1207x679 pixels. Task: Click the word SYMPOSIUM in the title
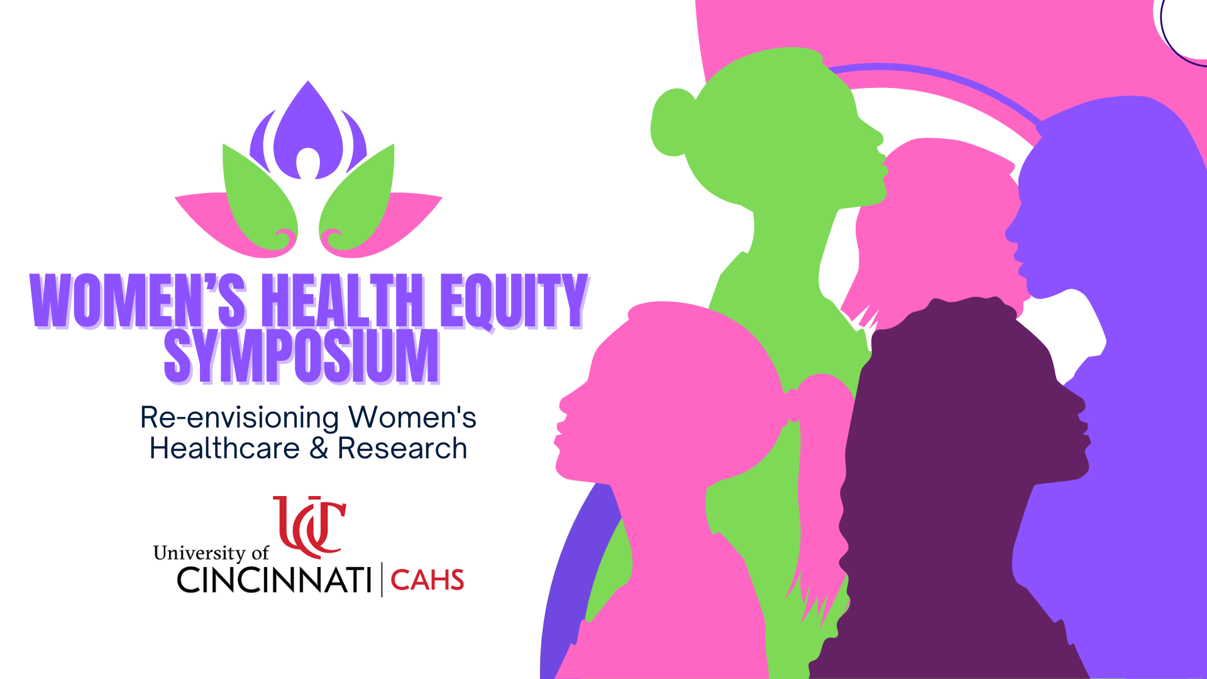coord(301,356)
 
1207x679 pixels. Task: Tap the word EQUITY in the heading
coord(514,301)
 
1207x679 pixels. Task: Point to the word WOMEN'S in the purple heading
coord(138,301)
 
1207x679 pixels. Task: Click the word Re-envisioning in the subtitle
coord(240,418)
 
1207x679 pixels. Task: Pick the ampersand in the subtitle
coord(319,449)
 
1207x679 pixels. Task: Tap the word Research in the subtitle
coord(402,449)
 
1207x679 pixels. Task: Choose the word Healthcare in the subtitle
coord(224,449)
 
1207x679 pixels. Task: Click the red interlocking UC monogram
coord(309,527)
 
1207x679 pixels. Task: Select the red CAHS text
coord(427,580)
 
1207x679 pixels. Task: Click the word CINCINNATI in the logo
coord(274,580)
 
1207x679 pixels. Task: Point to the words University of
coord(211,553)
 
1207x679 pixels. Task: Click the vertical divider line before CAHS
coord(382,580)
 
